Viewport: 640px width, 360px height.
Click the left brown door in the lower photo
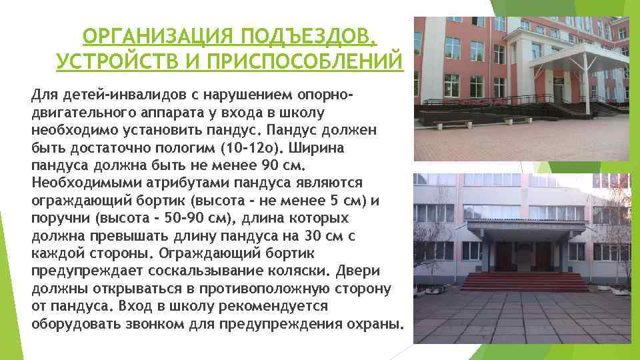[505, 256]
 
